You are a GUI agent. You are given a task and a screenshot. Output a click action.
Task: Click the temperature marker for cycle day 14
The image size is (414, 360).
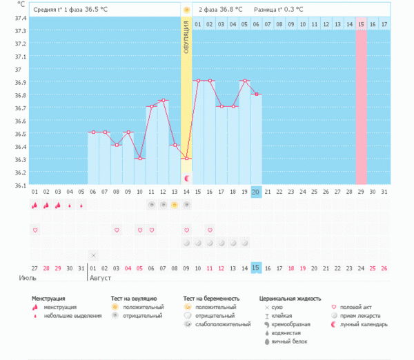pyautogui.click(x=186, y=159)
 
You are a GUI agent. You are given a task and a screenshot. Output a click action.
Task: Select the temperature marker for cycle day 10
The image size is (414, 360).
pyautogui.click(x=139, y=159)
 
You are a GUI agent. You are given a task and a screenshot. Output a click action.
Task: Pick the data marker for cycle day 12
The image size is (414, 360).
pyautogui.click(x=163, y=101)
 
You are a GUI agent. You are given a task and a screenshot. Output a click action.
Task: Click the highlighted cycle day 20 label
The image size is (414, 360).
pyautogui.click(x=256, y=192)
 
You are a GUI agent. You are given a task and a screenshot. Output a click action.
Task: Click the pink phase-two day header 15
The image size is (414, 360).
pyautogui.click(x=361, y=24)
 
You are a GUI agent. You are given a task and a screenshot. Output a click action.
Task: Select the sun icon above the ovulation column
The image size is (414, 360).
pyautogui.click(x=186, y=10)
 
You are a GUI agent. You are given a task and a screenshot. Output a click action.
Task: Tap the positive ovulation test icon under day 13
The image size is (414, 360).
pyautogui.click(x=175, y=205)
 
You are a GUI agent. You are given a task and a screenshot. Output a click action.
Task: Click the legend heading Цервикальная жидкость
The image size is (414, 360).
pyautogui.click(x=290, y=299)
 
